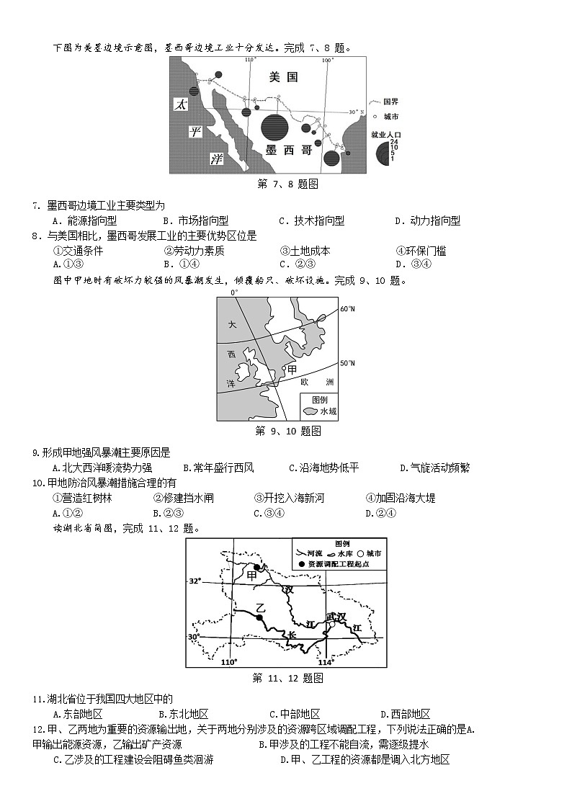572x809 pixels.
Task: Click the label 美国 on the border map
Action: (x=283, y=76)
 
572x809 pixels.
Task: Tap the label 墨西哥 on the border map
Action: (x=288, y=150)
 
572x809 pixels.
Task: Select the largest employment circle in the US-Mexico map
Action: (x=274, y=128)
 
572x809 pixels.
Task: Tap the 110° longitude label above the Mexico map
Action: (x=250, y=60)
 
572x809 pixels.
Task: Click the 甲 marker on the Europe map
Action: (x=292, y=369)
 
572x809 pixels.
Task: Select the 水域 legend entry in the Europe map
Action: (x=328, y=411)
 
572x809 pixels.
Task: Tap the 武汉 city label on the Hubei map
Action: (x=336, y=616)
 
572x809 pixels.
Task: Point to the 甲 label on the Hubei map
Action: (x=251, y=574)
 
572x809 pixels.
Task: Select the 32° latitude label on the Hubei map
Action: (x=195, y=581)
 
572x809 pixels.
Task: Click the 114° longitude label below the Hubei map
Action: (x=326, y=663)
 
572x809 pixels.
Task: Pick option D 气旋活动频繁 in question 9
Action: (x=434, y=468)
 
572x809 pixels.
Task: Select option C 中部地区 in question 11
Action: (x=295, y=714)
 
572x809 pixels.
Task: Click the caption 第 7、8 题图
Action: (x=288, y=184)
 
